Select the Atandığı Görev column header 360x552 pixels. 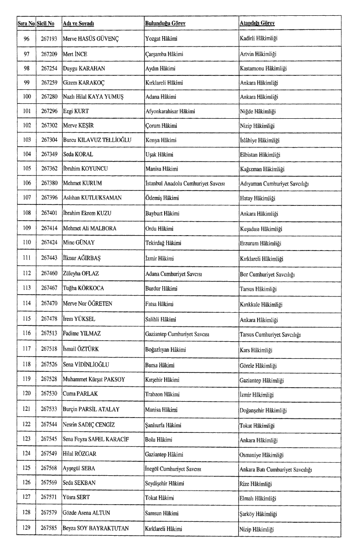257,23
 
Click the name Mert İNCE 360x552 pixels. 75,54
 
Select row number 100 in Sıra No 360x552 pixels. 26,97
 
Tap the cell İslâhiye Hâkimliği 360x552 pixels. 260,141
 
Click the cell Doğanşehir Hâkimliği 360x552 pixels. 263,411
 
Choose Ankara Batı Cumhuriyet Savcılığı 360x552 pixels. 276,470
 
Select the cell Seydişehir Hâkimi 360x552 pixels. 165,483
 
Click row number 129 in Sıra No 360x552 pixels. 26,529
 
